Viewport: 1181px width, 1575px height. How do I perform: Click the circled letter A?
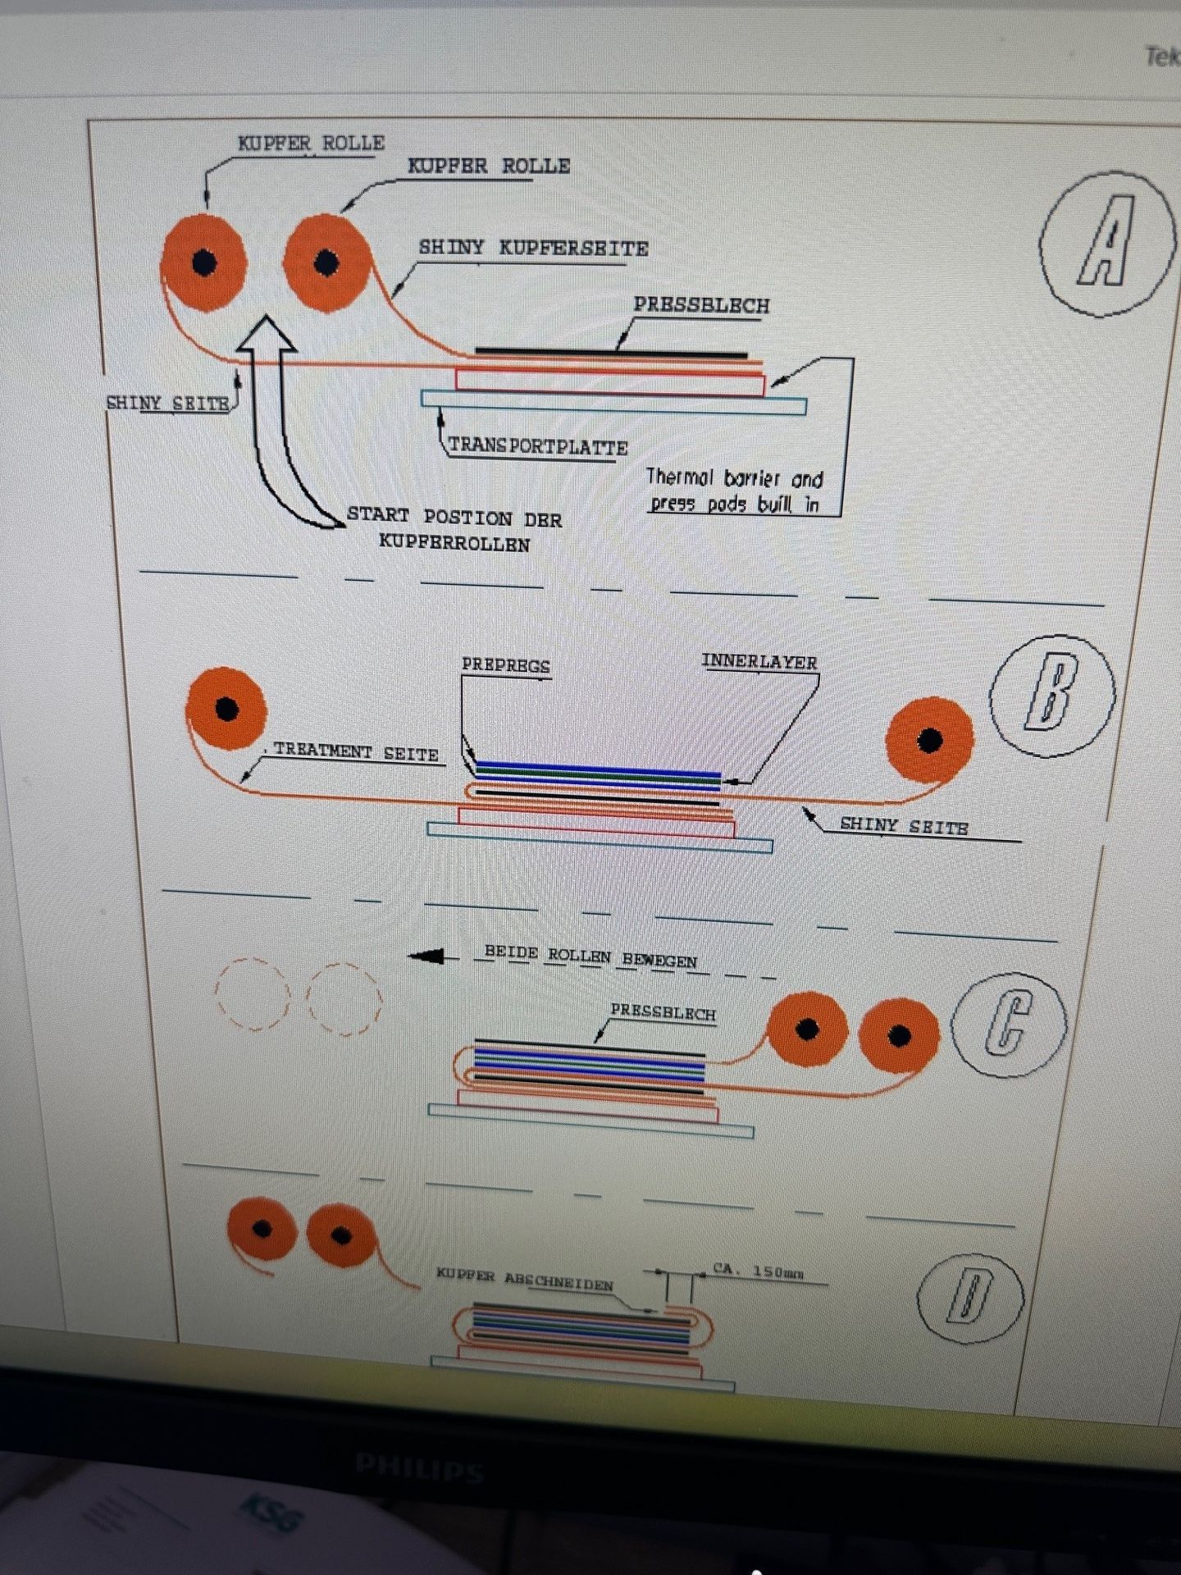tap(1106, 243)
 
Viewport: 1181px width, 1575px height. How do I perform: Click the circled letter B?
tap(1051, 696)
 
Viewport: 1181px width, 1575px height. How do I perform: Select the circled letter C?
tap(1009, 1022)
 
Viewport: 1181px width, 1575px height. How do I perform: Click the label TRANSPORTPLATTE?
tap(538, 447)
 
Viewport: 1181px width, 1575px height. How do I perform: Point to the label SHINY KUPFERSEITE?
tap(533, 248)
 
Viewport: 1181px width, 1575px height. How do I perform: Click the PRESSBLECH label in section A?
tap(701, 306)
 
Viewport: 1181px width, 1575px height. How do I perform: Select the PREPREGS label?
tap(505, 665)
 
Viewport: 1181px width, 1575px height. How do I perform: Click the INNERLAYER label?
tap(759, 662)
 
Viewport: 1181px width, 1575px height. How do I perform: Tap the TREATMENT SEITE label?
tap(356, 751)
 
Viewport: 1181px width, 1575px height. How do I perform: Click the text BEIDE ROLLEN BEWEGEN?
tap(590, 956)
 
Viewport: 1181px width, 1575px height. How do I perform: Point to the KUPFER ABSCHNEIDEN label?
tap(525, 1280)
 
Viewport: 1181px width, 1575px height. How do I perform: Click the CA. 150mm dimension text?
tap(758, 1271)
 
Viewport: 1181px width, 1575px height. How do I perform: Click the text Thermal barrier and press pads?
tap(734, 491)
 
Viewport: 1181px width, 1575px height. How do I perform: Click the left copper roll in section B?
tap(226, 709)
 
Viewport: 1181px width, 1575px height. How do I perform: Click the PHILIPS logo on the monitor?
tap(418, 1468)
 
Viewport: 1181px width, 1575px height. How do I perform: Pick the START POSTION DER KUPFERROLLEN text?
tap(454, 530)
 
